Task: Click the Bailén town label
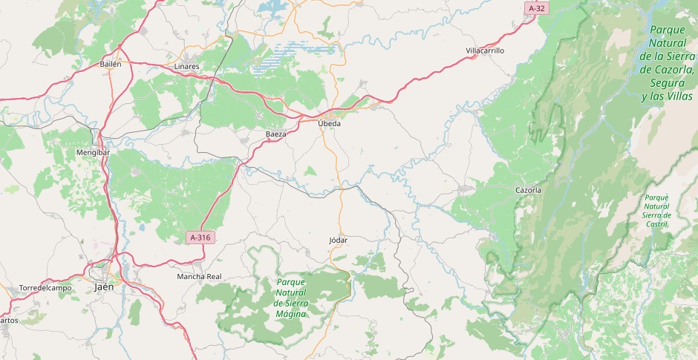[x=111, y=65]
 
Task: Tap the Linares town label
[x=186, y=66]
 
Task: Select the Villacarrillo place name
[x=485, y=50]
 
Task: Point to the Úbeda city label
[x=329, y=123]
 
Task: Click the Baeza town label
[x=276, y=134]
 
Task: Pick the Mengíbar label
[x=93, y=152]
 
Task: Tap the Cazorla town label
[x=528, y=190]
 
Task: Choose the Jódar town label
[x=338, y=240]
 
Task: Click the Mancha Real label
[x=199, y=276]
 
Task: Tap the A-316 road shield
[x=200, y=238]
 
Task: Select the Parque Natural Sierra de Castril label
[x=656, y=210]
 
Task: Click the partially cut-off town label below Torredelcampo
[x=9, y=320]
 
